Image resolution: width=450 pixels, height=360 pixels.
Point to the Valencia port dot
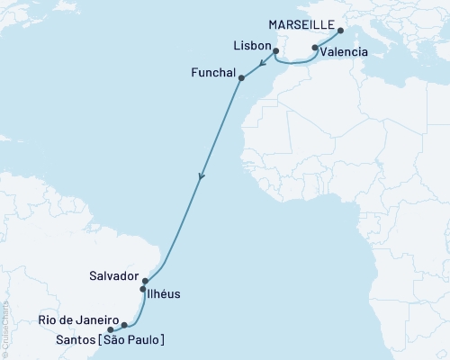pyautogui.click(x=315, y=48)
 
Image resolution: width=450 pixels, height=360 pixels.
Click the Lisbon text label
pyautogui.click(x=251, y=42)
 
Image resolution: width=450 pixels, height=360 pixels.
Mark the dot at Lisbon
pyautogui.click(x=275, y=51)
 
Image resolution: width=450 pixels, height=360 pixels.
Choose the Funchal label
pyautogui.click(x=213, y=71)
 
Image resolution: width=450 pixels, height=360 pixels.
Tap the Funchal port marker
pyautogui.click(x=240, y=78)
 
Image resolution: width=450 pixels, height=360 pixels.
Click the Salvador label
pyautogui.click(x=115, y=275)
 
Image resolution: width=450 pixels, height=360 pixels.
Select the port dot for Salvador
pyautogui.click(x=145, y=281)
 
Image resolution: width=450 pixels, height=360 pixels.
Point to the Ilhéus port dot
pyautogui.click(x=143, y=290)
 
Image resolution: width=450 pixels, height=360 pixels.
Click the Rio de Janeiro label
pyautogui.click(x=80, y=319)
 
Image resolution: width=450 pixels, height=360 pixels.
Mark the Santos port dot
pyautogui.click(x=111, y=329)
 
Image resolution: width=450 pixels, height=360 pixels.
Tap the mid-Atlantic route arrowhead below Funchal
pyautogui.click(x=202, y=176)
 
